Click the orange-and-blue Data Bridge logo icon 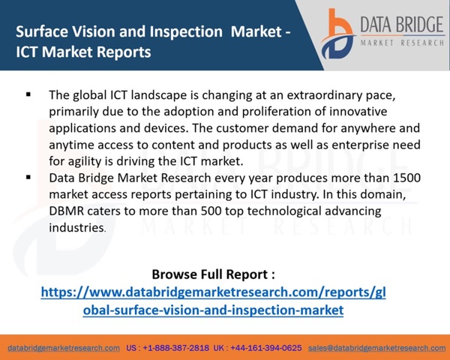338,34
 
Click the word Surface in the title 42,31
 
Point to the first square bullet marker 28,94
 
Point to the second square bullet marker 28,178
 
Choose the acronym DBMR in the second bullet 67,211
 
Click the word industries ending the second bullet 76,228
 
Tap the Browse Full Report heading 213,274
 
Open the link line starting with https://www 213,292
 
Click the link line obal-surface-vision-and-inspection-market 213,310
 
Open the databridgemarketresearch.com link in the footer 64,348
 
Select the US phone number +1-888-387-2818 176,348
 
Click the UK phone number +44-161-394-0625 266,348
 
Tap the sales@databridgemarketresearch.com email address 377,348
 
